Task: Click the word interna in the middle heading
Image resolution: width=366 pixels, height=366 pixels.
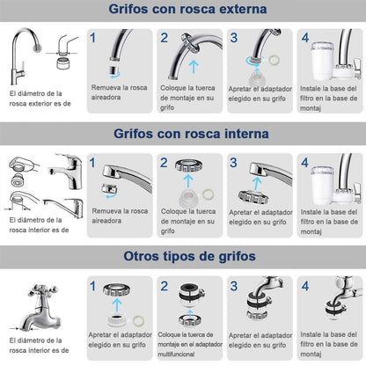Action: tap(246, 134)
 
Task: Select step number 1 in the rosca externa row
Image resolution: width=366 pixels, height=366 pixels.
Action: tap(93, 38)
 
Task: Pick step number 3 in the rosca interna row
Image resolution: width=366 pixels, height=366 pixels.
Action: tap(233, 163)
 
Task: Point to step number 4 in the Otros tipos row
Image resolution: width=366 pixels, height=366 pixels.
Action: tap(305, 286)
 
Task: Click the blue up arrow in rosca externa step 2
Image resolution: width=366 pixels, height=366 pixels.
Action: tap(194, 67)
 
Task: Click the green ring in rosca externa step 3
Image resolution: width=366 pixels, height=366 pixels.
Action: tap(274, 60)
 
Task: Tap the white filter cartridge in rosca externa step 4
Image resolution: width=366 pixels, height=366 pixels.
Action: tap(322, 62)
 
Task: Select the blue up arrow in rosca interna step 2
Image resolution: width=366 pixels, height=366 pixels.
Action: tap(188, 181)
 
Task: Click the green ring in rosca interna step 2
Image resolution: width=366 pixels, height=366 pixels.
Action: tap(208, 194)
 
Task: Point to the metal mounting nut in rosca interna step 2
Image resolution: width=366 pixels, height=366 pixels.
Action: tap(188, 165)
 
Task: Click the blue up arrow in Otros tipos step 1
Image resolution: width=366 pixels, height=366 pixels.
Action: tap(117, 305)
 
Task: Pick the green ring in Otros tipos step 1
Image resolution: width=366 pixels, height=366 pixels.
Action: tap(138, 321)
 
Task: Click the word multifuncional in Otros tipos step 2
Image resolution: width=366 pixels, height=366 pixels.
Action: tap(176, 354)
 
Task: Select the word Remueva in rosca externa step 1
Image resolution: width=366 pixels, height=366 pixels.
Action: tap(105, 87)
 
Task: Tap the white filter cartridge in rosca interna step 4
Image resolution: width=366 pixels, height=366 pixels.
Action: tap(322, 186)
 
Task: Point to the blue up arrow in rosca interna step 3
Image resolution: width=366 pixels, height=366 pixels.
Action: tap(257, 184)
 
